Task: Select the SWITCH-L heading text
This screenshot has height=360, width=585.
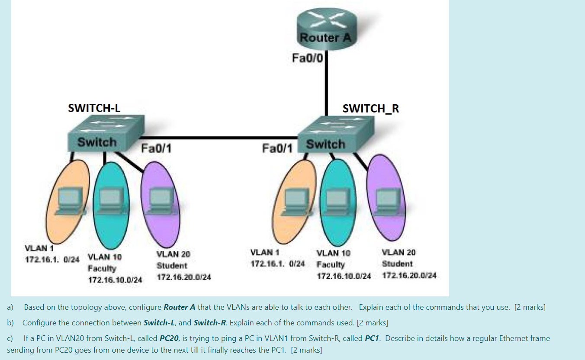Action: pos(94,108)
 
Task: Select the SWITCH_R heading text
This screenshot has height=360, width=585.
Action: pos(370,108)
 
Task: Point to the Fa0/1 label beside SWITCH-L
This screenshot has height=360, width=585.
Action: pos(156,148)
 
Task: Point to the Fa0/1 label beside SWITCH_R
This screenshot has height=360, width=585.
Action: pos(277,148)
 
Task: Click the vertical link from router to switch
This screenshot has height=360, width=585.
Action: pos(325,87)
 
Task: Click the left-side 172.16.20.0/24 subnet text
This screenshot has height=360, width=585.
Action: pos(183,277)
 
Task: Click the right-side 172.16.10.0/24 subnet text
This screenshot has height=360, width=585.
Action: pos(344,276)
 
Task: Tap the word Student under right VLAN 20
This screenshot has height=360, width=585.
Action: pos(397,264)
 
